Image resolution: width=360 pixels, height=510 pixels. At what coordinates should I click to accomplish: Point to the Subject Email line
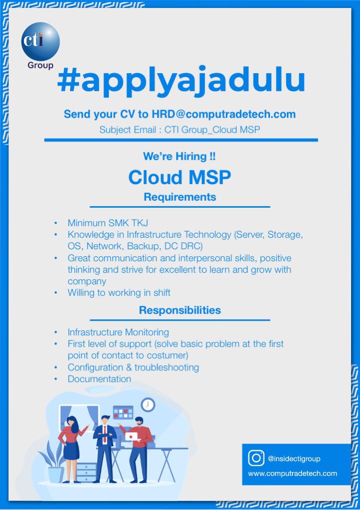coord(179,130)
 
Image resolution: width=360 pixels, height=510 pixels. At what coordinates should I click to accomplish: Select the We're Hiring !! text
coord(179,157)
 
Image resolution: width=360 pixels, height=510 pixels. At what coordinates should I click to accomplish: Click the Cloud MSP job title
coord(179,177)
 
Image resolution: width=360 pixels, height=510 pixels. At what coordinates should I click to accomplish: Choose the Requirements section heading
coord(179,197)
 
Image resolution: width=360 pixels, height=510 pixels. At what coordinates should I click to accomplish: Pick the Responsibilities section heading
coord(179,310)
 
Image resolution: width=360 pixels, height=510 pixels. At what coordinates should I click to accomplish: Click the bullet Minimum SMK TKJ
coord(108,223)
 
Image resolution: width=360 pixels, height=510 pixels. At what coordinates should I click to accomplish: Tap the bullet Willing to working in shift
coord(119,293)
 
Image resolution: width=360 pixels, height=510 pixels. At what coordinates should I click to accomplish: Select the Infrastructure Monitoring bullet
coord(118,332)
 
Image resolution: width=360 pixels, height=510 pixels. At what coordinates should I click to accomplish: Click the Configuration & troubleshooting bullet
coord(133,367)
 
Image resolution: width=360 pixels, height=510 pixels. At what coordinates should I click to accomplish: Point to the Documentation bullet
coord(99,379)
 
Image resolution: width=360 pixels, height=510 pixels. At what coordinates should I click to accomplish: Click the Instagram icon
coord(256,458)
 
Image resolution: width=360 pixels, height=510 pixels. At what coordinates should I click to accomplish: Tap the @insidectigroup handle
coord(294,458)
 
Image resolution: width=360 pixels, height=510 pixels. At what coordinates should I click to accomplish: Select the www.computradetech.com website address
coord(292,473)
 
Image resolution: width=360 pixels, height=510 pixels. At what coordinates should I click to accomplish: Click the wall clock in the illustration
coord(147,404)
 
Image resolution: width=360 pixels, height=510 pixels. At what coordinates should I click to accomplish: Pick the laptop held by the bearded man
coord(132,437)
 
